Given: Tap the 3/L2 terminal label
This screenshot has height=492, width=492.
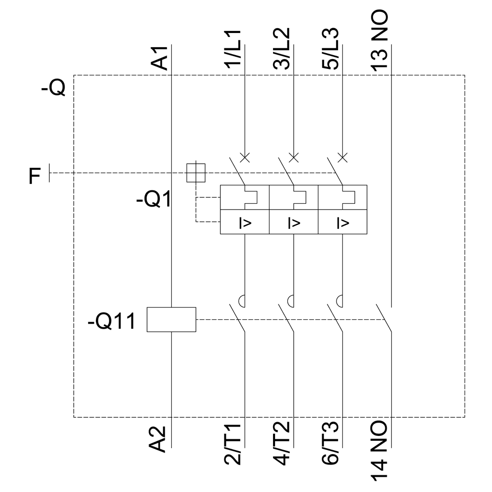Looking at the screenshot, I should pos(282,49).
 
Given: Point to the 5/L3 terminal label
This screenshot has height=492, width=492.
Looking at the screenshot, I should pos(331,49).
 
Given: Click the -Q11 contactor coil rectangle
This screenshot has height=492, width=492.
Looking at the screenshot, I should pos(172,319).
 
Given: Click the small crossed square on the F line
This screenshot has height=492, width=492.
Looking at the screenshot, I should pos(196,173).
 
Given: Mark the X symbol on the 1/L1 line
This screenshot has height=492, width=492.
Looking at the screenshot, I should pos(245,157).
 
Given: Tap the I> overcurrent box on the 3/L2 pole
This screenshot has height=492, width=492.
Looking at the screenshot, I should pos(294,222).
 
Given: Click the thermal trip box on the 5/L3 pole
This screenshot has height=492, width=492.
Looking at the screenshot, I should pos(343,197).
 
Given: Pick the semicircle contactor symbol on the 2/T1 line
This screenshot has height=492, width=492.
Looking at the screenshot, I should pos(243,299).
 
